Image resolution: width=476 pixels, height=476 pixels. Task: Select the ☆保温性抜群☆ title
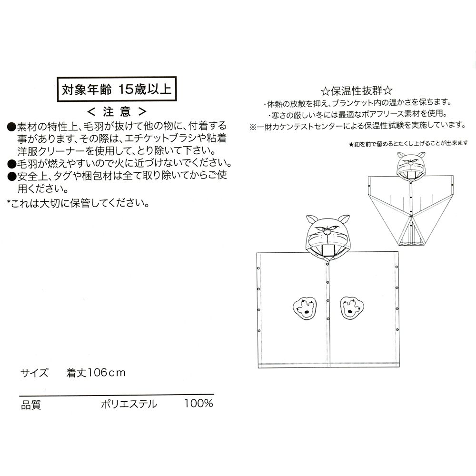coord(356,91)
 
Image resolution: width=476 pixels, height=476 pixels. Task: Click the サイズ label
coord(34,373)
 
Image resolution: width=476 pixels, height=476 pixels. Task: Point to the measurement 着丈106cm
coord(96,373)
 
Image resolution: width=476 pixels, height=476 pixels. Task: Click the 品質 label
coord(31,405)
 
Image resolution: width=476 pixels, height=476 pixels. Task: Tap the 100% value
coord(198,404)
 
